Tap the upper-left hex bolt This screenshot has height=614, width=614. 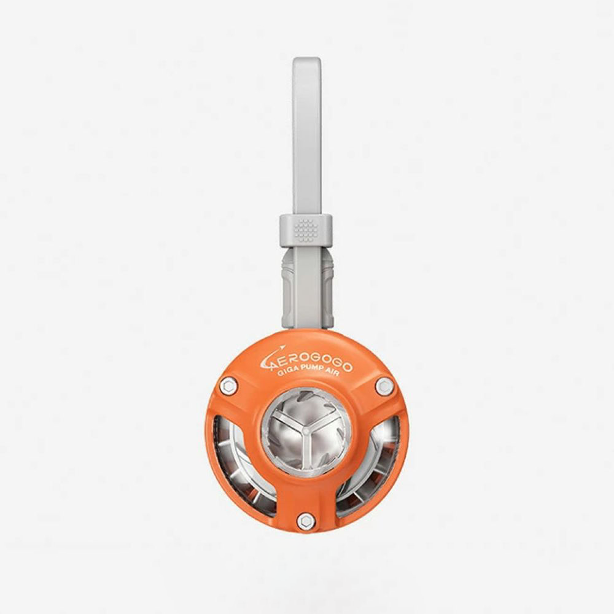click(228, 385)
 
